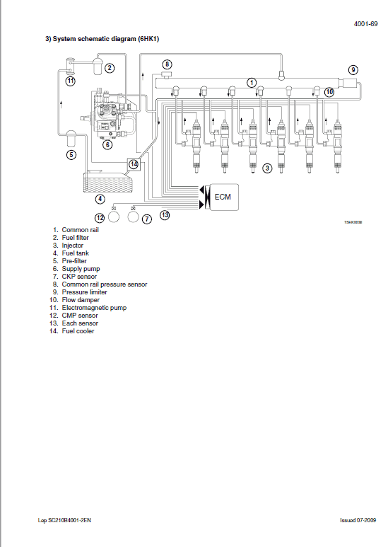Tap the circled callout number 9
pos(353,69)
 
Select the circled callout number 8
pos(167,64)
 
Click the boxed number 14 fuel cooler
pos(133,163)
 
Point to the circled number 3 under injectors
pos(267,168)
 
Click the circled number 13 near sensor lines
pos(165,214)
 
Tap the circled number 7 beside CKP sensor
pos(147,219)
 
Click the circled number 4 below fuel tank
pos(101,199)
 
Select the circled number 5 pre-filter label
pos(71,154)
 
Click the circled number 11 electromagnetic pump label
pos(71,81)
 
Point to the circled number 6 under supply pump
pos(107,144)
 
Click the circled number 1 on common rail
pos(251,82)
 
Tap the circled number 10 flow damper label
pos(329,91)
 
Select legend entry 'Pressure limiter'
pos(85,292)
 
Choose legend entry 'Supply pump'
pos(81,269)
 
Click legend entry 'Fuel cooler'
pos(78,331)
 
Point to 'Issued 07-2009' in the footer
pos(358,520)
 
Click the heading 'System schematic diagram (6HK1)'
pos(103,40)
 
